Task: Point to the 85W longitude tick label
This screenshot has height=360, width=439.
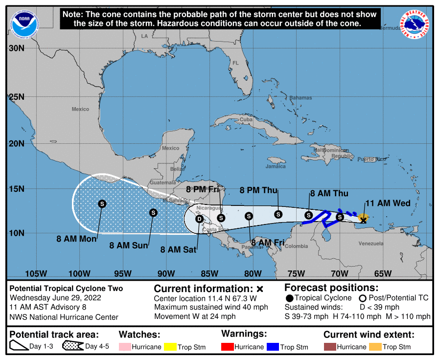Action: click(x=209, y=273)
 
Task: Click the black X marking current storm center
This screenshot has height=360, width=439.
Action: click(x=363, y=221)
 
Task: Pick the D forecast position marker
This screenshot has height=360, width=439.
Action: click(x=199, y=219)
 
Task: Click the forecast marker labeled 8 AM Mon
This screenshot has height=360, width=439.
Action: click(x=102, y=203)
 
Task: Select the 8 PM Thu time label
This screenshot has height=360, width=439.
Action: click(x=258, y=190)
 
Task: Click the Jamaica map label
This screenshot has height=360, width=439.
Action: click(x=276, y=166)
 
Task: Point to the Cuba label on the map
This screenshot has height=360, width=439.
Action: click(x=246, y=119)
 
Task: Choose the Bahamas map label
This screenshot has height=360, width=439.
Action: click(x=300, y=98)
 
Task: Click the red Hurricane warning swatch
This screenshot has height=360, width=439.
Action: click(x=227, y=347)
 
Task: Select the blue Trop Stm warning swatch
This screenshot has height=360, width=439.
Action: click(x=273, y=347)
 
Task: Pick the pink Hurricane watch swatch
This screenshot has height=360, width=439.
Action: click(x=124, y=347)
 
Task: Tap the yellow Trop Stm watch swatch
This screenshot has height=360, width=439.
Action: click(x=170, y=347)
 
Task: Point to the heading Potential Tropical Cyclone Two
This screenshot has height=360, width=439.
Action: click(x=67, y=289)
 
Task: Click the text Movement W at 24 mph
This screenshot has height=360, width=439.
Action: click(x=195, y=316)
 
